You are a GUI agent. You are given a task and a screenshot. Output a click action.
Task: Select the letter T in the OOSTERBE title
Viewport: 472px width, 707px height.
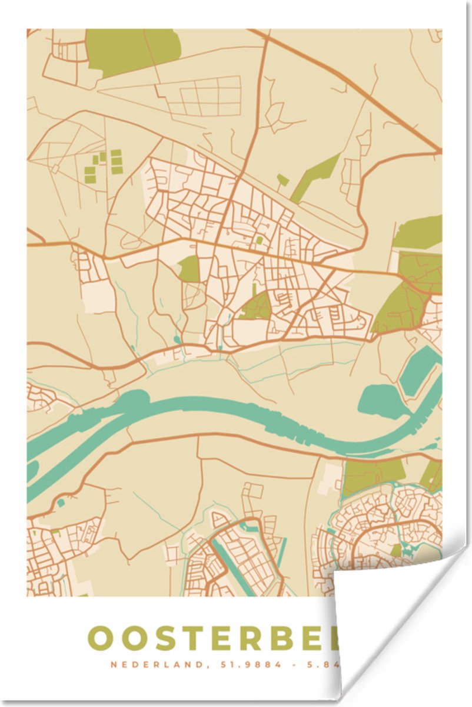(x=195, y=639)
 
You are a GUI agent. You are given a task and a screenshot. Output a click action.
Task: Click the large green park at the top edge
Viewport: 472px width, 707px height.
(x=132, y=51)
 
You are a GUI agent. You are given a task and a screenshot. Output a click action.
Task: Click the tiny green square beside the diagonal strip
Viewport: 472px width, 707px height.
(x=283, y=179)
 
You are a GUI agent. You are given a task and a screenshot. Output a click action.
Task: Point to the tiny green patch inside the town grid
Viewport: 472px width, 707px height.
(x=259, y=240)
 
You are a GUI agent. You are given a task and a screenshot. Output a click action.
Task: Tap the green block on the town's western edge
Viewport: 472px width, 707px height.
(x=189, y=269)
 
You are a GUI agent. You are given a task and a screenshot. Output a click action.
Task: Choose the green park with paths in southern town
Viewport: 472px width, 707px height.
(x=256, y=307)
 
